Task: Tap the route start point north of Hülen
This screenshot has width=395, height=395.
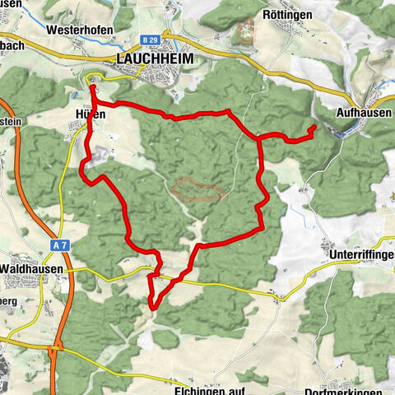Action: tap(91, 85)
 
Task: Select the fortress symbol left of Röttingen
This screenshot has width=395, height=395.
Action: tap(246, 31)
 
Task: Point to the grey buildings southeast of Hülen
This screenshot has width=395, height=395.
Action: tap(101, 155)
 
